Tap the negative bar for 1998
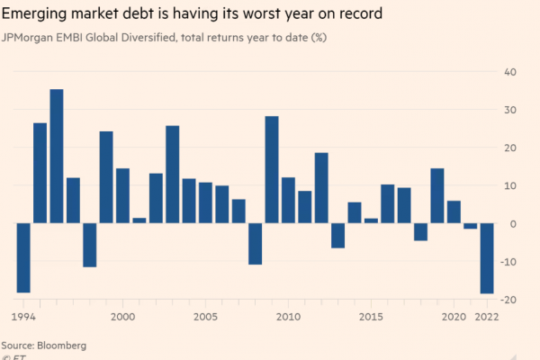[x=89, y=245]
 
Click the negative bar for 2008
[x=255, y=244]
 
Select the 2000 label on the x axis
[x=122, y=318]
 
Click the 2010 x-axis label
[x=288, y=318]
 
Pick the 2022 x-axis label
[x=486, y=318]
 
